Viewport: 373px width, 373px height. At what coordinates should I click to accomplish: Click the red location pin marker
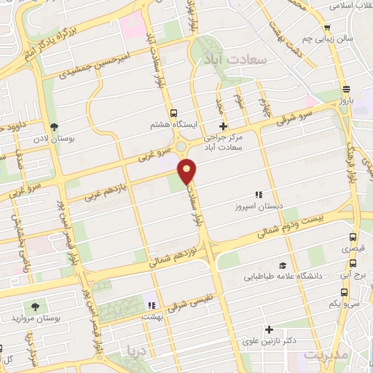coord(188,171)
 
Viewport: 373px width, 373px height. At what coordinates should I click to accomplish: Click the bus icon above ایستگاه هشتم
coord(173,113)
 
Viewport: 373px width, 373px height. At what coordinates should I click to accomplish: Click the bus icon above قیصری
coord(353,237)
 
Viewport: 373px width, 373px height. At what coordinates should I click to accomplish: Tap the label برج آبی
coord(353,276)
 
